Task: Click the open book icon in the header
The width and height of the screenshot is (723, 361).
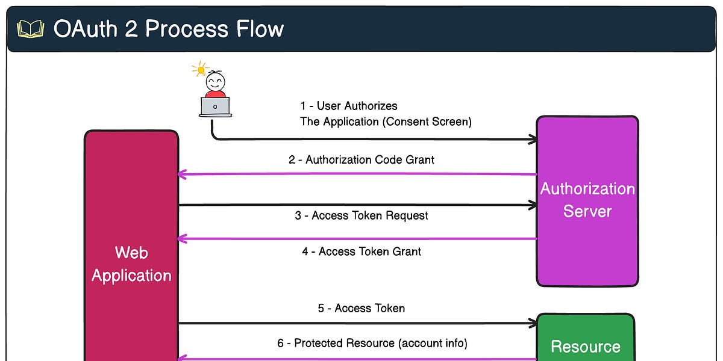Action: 30,29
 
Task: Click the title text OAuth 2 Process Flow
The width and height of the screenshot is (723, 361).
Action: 168,29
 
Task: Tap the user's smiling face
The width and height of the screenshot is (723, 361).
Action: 215,81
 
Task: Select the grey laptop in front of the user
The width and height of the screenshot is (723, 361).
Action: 215,107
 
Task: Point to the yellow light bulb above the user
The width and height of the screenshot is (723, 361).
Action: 198,69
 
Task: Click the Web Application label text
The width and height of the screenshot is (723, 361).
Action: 131,264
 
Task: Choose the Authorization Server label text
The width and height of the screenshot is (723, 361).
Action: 587,200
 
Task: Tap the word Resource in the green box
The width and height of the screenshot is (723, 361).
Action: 585,347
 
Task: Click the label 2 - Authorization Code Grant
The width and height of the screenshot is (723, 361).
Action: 361,159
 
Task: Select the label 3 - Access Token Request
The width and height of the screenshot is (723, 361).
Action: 361,215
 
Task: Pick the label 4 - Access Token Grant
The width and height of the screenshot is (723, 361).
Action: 361,251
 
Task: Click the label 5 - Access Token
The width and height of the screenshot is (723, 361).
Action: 361,308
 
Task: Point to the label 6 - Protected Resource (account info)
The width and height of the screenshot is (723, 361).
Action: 372,343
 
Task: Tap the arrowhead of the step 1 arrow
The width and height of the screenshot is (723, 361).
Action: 533,140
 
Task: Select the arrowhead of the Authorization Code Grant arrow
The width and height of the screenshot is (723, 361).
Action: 183,174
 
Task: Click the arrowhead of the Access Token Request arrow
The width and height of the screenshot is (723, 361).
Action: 533,205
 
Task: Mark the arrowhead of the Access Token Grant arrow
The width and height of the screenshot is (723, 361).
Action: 183,239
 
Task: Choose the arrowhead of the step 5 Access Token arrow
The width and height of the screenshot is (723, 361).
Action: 533,324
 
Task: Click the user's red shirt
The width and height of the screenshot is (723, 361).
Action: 215,93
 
